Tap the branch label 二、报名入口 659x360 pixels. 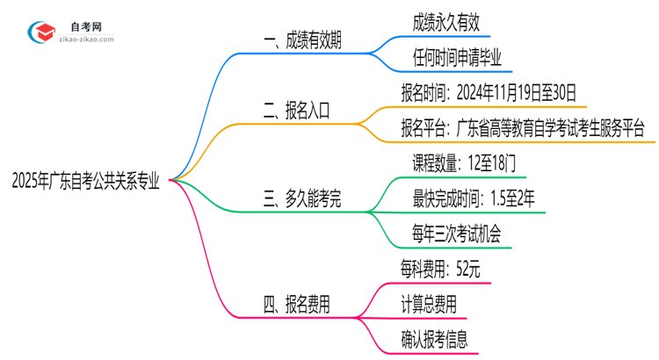[x=296, y=112]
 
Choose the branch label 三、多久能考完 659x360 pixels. [x=303, y=200]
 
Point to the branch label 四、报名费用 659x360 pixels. [x=296, y=305]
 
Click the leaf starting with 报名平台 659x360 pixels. [x=522, y=127]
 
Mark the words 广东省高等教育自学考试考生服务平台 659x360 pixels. [x=552, y=127]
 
